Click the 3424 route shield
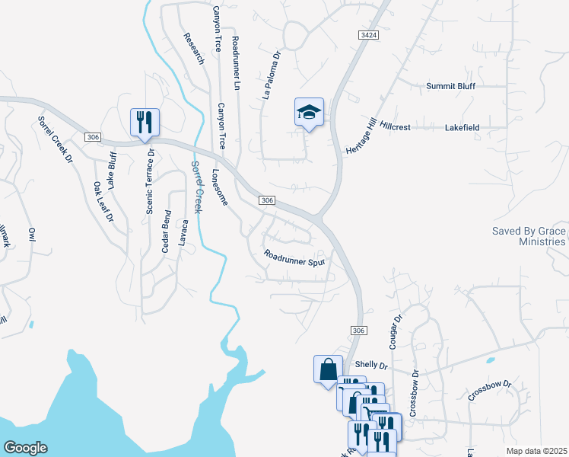pos(368,35)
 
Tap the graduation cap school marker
pos(309,113)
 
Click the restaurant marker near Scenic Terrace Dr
pos(145,121)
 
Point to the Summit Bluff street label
pos(450,86)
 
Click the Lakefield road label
pos(462,128)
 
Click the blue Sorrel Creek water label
pos(197,187)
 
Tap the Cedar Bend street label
pos(166,232)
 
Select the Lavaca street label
pos(183,233)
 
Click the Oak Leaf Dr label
pos(103,201)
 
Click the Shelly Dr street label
pos(371,366)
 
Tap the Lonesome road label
pos(220,187)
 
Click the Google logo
pos(25,448)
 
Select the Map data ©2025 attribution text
pos(536,451)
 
